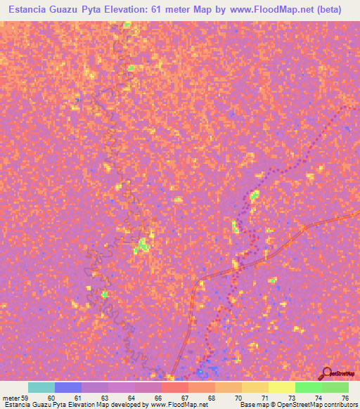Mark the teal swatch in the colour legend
[41, 387]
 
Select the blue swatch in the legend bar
[68, 387]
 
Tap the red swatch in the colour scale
[174, 387]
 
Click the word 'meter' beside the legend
[9, 398]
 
